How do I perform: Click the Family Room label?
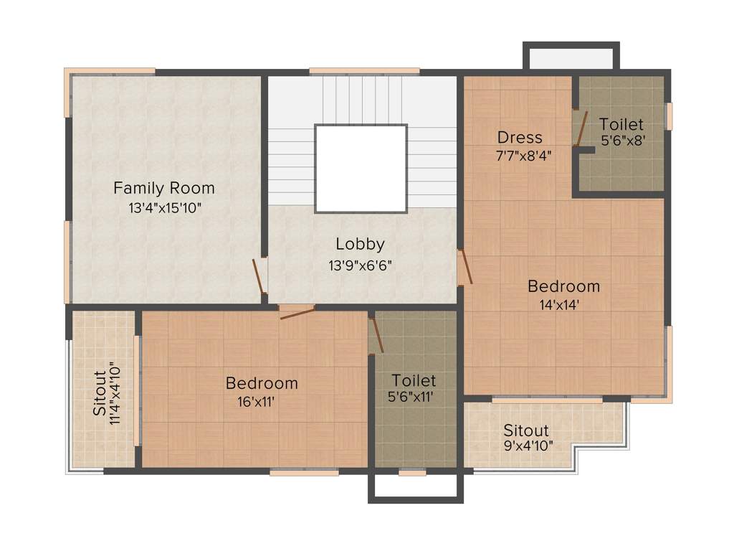coord(163,189)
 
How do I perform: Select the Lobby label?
coord(360,244)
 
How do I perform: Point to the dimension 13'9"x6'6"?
coord(360,264)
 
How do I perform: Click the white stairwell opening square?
coord(361,169)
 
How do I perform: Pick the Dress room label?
coord(520,137)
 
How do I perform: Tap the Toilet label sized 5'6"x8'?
coord(621,124)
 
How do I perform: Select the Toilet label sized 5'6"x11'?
coord(414,380)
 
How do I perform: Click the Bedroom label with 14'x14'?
coord(563,286)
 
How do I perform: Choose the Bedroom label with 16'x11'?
coord(262,383)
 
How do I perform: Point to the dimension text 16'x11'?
coord(256,402)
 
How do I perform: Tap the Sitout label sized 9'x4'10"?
coord(525,430)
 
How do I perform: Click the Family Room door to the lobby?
coord(258,276)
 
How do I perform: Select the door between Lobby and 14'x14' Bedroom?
coord(465,266)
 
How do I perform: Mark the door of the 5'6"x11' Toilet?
coord(376,334)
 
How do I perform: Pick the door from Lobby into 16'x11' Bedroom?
coord(297,313)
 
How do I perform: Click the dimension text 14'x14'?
coord(559,304)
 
